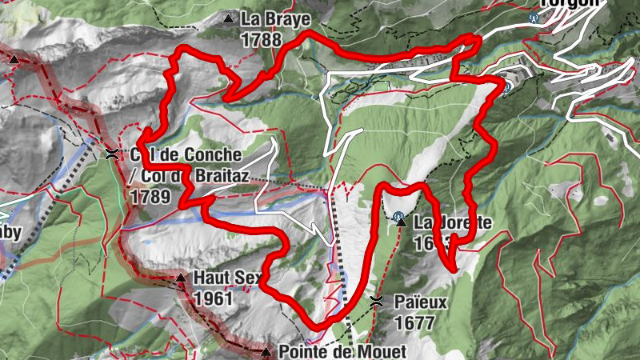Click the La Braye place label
(x=274, y=18)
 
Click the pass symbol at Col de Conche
(x=111, y=153)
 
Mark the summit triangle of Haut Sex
(x=181, y=278)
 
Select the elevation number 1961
(x=213, y=299)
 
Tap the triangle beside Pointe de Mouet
(x=266, y=351)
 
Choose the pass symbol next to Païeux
(x=376, y=302)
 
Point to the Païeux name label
(x=421, y=302)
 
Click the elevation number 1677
(x=414, y=323)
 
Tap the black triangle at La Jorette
(x=402, y=222)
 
